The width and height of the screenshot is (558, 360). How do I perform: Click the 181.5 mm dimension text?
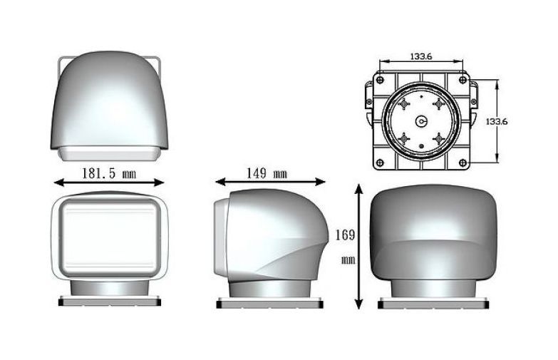click(109, 173)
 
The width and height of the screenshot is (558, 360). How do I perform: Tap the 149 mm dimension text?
click(267, 173)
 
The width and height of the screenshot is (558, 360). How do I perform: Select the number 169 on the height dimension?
click(345, 235)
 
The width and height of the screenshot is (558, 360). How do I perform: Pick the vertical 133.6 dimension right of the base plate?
click(497, 121)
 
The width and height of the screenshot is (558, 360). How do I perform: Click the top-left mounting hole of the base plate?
click(380, 80)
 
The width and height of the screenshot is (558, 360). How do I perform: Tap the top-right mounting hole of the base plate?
click(463, 80)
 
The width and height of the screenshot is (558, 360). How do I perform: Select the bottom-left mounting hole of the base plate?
click(380, 163)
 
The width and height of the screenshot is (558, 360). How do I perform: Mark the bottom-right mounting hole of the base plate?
click(463, 163)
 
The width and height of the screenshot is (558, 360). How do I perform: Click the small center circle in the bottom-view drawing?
click(421, 121)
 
